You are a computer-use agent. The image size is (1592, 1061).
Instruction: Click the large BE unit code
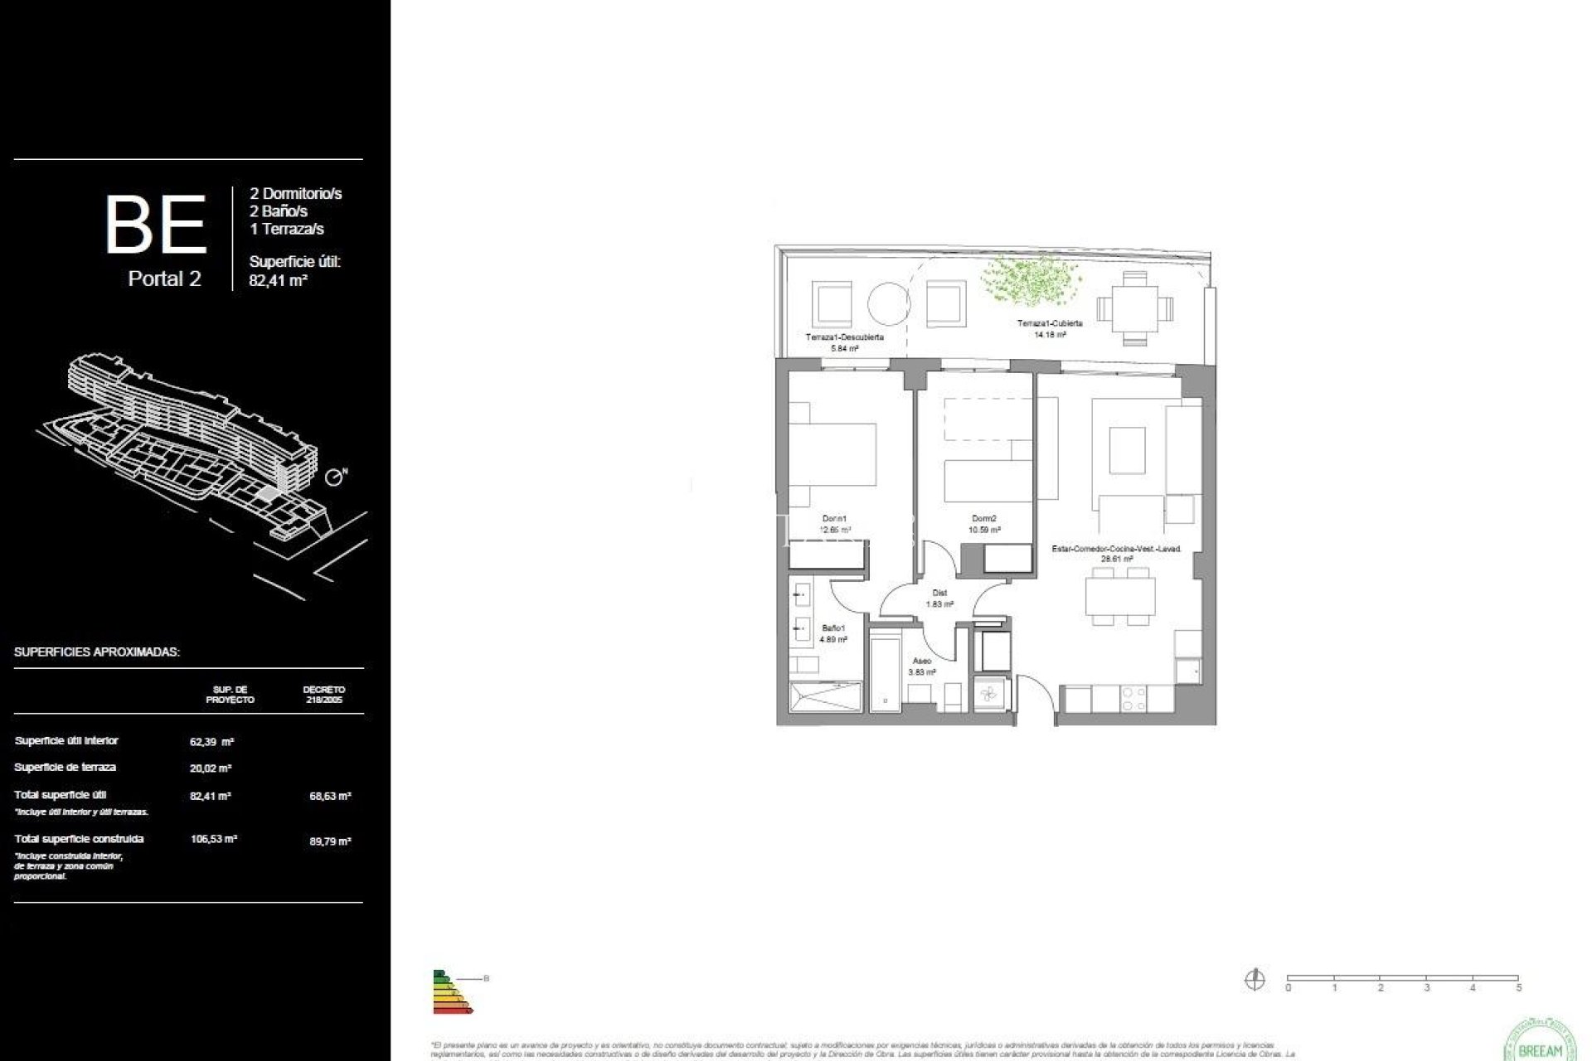[156, 225]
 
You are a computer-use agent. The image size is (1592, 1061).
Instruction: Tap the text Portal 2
[164, 279]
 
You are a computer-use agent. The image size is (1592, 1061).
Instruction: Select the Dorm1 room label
[834, 519]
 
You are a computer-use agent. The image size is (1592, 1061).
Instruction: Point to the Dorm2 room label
[984, 519]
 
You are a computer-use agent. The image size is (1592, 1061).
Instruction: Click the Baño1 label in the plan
[833, 629]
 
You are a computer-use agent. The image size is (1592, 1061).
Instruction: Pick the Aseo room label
[921, 661]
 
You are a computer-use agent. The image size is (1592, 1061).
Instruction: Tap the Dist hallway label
[939, 593]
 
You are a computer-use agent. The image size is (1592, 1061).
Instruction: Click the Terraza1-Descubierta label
[844, 337]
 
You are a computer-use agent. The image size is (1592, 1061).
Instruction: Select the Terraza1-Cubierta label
[1050, 323]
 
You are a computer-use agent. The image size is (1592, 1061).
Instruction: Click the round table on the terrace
[889, 303]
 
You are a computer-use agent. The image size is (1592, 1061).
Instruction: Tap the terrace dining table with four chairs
[1135, 308]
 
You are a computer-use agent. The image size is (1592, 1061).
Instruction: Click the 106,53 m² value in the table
[214, 839]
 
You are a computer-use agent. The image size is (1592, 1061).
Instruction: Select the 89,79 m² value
[330, 841]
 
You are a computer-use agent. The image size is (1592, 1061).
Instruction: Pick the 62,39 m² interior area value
[211, 742]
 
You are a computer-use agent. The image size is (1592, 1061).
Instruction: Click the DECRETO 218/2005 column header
[323, 695]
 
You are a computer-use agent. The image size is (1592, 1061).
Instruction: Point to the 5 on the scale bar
[1519, 988]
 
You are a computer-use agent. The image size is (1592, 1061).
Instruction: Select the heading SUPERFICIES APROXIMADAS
[97, 652]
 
